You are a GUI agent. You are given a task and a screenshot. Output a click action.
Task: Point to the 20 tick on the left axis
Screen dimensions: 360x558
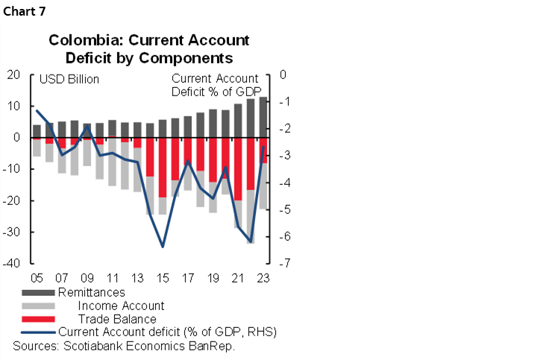[x=13, y=75]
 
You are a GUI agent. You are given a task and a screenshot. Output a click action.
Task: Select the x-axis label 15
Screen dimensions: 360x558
[x=163, y=277]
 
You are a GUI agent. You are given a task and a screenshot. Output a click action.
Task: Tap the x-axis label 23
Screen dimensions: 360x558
[x=263, y=277]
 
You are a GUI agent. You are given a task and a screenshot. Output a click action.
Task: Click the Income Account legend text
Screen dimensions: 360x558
[x=121, y=306]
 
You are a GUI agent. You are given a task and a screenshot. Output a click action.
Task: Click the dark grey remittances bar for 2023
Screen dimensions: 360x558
[x=263, y=117]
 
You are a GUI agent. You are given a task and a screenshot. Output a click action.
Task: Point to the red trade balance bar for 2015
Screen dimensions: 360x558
[x=163, y=168]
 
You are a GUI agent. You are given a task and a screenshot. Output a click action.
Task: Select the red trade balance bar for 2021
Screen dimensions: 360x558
[x=238, y=169]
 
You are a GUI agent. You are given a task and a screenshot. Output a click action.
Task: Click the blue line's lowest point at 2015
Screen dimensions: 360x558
[x=163, y=246]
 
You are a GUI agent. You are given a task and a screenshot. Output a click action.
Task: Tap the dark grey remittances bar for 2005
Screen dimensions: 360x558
[x=37, y=131]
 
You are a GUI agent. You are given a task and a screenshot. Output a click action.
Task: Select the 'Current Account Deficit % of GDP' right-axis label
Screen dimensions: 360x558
[x=216, y=85]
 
